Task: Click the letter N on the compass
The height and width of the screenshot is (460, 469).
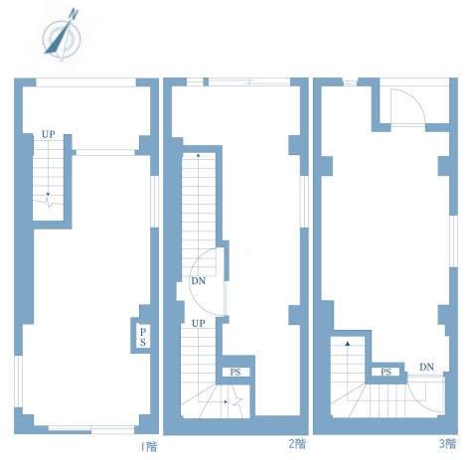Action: tap(74, 14)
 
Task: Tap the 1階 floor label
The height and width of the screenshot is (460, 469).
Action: tap(149, 447)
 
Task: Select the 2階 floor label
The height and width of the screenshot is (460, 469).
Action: tap(297, 443)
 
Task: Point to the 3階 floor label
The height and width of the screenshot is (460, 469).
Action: tap(447, 443)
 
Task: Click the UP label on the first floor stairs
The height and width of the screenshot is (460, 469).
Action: tap(49, 134)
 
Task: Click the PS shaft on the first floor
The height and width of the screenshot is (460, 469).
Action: tap(143, 337)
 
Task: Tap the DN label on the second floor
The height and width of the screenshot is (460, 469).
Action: tap(198, 281)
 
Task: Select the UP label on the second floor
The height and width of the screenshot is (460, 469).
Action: tap(199, 323)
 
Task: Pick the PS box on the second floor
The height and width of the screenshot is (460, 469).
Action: tap(235, 373)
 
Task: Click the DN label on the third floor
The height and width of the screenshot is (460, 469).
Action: tap(426, 367)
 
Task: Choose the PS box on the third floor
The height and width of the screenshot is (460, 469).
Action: tap(386, 372)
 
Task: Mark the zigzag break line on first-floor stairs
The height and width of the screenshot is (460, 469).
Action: tap(48, 202)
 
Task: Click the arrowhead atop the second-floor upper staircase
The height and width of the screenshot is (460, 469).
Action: tap(199, 154)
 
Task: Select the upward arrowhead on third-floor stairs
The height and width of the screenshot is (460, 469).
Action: tap(348, 344)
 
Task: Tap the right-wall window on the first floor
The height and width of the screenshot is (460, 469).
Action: tap(154, 202)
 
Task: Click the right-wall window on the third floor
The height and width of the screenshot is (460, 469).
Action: tap(453, 241)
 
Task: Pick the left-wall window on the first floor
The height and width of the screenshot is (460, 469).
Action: tap(19, 382)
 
